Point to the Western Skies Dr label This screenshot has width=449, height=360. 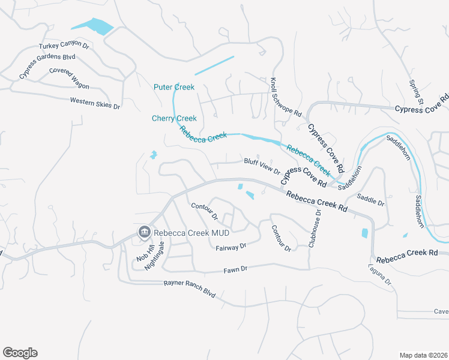[x=95, y=103]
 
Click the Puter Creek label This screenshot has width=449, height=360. [x=174, y=87]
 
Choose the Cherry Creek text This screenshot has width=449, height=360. [x=174, y=118]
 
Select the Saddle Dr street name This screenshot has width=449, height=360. [x=370, y=199]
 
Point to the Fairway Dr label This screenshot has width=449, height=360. [x=231, y=246]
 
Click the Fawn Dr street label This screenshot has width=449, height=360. [x=235, y=269]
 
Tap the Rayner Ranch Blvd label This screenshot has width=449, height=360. [x=189, y=289]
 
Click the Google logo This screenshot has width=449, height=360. [x=20, y=353]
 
